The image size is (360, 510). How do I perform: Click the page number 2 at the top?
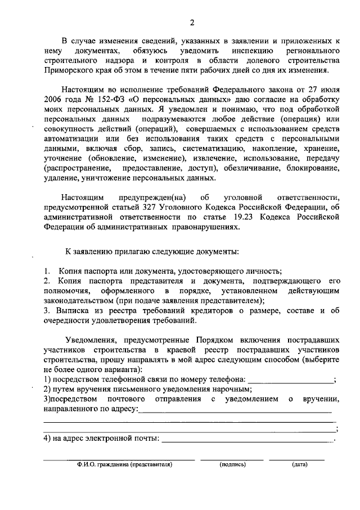pos(192,23)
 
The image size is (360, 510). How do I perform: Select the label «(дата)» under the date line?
pos(299,465)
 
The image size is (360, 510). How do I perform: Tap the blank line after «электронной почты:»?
pos(247,439)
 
